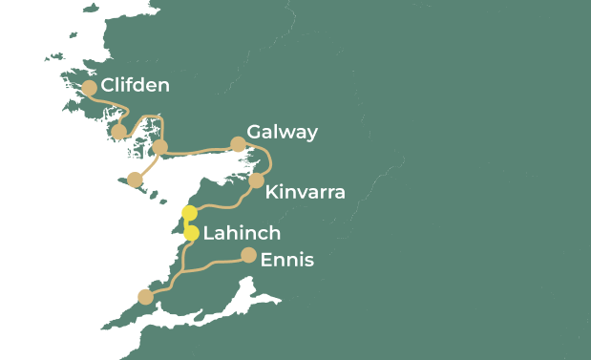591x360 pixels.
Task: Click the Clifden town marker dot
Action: click(x=89, y=87)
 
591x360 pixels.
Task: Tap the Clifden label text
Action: click(x=135, y=86)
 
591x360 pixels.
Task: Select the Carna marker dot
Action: click(x=119, y=132)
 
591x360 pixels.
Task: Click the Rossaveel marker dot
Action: click(x=160, y=146)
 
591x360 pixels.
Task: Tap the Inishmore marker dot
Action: click(x=135, y=180)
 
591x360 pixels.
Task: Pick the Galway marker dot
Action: click(x=238, y=144)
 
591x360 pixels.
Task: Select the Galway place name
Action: click(x=282, y=132)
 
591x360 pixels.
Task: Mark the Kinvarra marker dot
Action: click(x=256, y=180)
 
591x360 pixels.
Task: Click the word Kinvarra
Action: click(x=305, y=192)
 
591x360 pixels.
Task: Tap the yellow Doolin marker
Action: click(x=189, y=212)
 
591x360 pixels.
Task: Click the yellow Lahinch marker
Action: click(x=191, y=233)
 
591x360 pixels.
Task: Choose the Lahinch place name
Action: click(x=242, y=233)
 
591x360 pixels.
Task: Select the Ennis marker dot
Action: click(x=248, y=255)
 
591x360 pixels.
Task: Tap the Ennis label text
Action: click(x=286, y=260)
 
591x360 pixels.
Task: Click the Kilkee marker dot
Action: click(x=145, y=297)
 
